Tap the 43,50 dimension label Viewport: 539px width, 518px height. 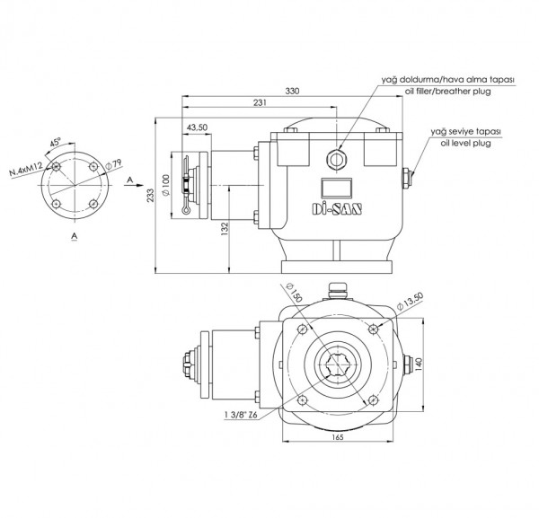click(198, 128)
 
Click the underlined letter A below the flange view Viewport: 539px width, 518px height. click(74, 234)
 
